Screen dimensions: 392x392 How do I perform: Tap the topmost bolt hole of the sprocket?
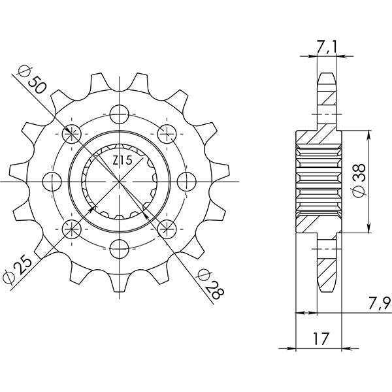click(x=119, y=113)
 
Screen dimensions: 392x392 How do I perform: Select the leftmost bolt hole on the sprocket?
click(x=52, y=180)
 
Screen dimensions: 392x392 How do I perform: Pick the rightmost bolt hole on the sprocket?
click(x=187, y=180)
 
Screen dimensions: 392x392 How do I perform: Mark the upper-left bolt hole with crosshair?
click(x=71, y=133)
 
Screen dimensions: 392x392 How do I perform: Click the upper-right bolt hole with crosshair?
click(x=167, y=133)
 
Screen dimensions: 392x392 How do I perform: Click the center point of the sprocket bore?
click(x=119, y=180)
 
